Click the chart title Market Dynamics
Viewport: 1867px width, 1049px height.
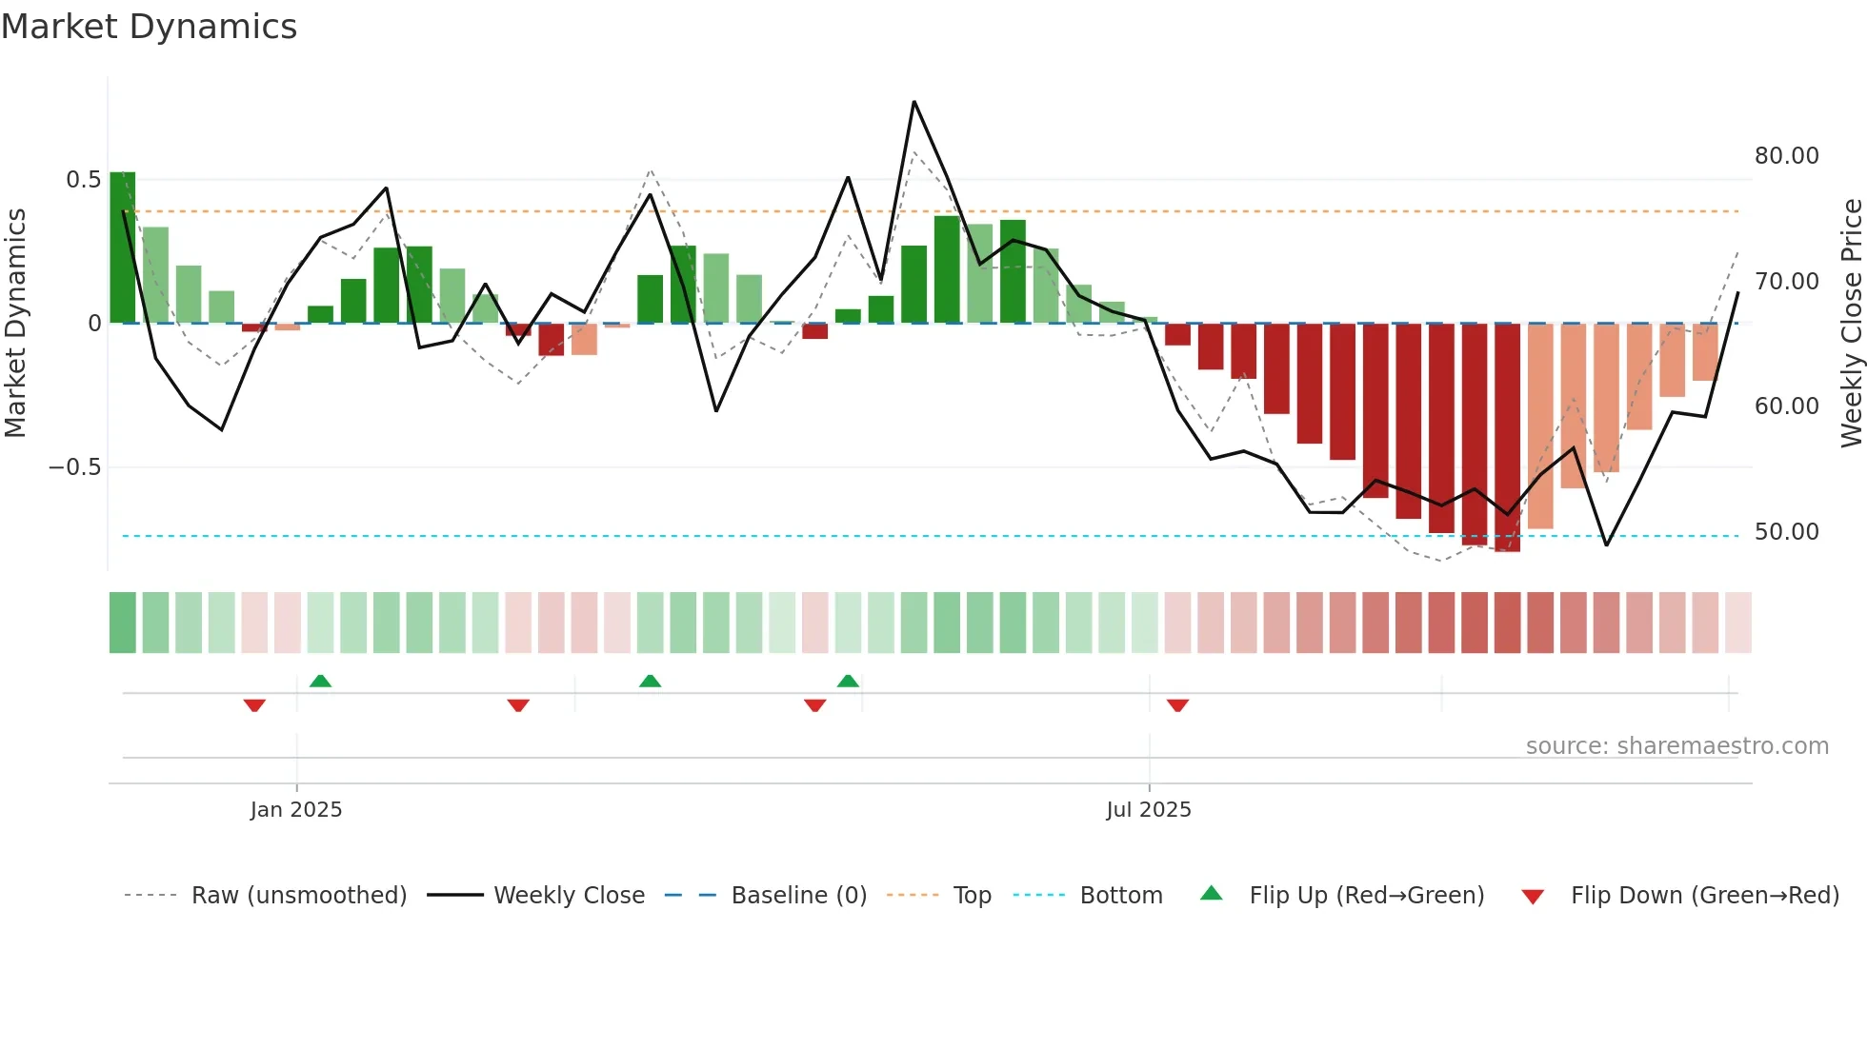(150, 27)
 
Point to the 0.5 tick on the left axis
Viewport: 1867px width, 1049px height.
(83, 180)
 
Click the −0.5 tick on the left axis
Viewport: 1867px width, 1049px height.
(74, 467)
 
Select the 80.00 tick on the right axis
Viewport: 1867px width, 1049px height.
(1786, 156)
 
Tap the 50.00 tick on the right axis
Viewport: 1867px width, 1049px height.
(1786, 532)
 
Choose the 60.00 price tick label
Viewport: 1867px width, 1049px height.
(1786, 406)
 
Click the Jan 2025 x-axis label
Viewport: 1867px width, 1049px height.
(296, 810)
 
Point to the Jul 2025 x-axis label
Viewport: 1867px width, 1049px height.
(1149, 810)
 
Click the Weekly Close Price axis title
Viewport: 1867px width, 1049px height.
(1852, 324)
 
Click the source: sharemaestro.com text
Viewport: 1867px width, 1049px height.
(1676, 746)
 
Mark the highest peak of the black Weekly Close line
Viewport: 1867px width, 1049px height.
(913, 102)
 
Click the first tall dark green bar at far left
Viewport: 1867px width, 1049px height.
(123, 247)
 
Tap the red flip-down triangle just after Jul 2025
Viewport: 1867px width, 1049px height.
(1178, 705)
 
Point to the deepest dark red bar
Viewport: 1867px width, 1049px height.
(1507, 438)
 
